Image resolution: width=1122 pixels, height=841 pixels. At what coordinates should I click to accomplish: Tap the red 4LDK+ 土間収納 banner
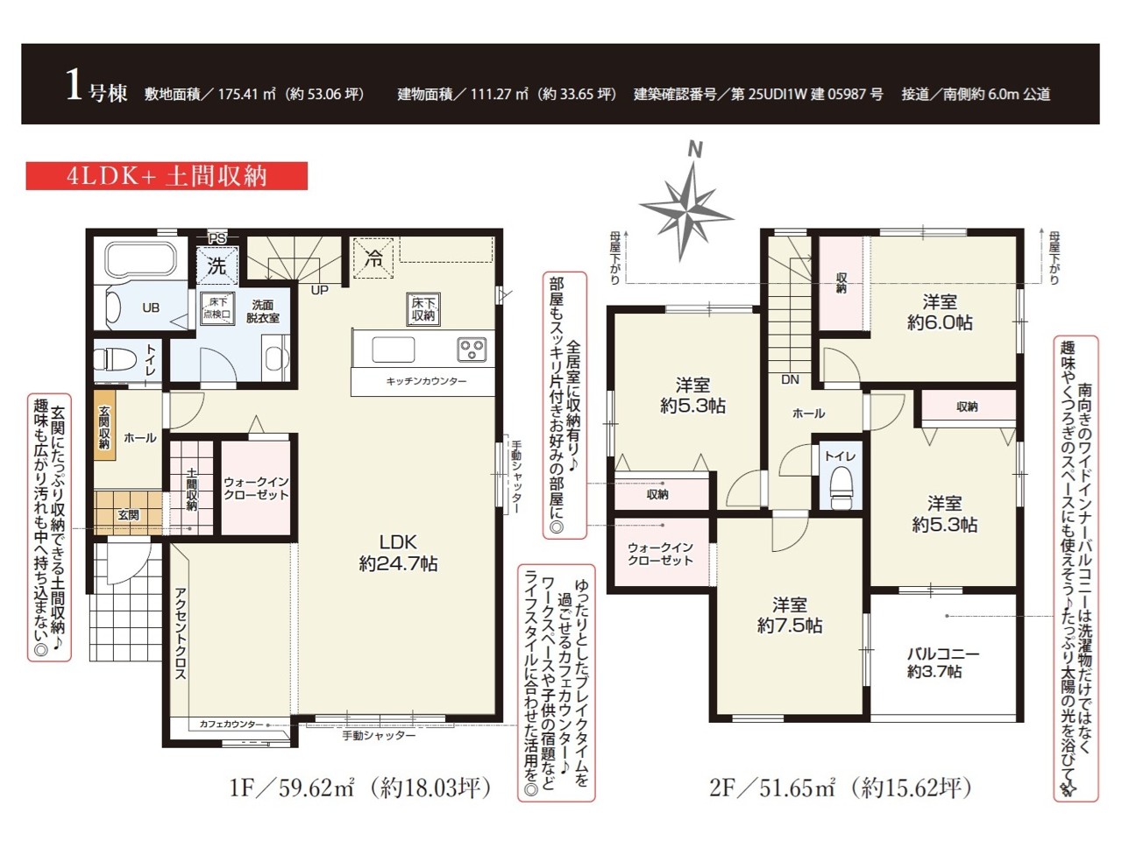point(167,176)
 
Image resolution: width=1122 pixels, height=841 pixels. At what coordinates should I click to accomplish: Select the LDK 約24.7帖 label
point(398,553)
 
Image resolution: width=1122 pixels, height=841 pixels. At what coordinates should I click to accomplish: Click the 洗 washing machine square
point(217,266)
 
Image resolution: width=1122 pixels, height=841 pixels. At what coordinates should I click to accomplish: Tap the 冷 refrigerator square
point(373,258)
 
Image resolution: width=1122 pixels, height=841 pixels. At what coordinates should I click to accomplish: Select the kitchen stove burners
point(472,350)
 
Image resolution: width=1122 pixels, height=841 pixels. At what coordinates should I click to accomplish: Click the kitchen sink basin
point(393,350)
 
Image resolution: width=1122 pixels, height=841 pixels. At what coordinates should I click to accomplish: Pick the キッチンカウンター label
point(426,381)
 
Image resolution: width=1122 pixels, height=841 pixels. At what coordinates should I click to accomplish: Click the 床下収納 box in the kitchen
point(423,309)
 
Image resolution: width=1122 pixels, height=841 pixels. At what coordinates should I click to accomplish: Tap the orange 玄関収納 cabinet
point(104,428)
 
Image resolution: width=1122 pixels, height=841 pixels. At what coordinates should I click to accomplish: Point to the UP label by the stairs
point(319,291)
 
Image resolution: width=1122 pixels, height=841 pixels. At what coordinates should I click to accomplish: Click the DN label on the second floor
point(791,379)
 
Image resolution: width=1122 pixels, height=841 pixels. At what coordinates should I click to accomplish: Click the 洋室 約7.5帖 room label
point(789,615)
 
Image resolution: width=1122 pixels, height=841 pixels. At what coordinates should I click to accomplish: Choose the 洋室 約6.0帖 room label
point(940,313)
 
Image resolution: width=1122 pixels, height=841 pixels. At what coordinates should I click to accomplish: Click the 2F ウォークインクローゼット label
point(660,554)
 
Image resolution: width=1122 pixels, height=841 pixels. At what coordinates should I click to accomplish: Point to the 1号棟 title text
point(96,87)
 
